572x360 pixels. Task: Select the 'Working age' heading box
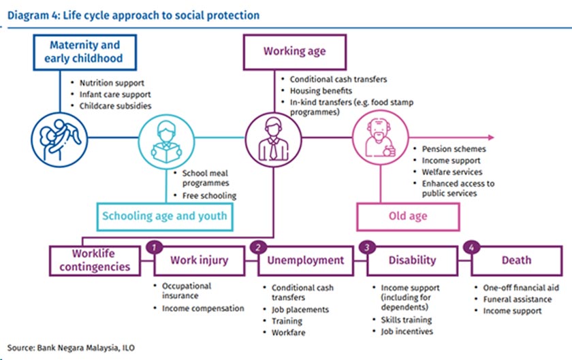[x=294, y=52]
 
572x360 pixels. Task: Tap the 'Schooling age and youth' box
[x=164, y=216]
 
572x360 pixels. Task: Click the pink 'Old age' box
[x=407, y=216]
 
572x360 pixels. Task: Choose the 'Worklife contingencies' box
[x=95, y=260]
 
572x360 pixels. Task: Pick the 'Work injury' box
[x=199, y=260]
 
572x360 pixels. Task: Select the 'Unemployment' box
[x=305, y=260]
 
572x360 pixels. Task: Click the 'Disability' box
[x=412, y=260]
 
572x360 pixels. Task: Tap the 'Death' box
[x=516, y=260]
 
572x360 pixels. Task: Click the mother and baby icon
[x=54, y=136]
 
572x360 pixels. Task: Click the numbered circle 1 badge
[x=155, y=246]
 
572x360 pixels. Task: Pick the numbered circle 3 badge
[x=368, y=246]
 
